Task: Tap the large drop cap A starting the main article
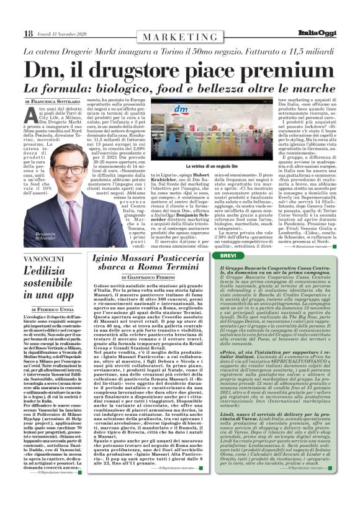tap(31, 114)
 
